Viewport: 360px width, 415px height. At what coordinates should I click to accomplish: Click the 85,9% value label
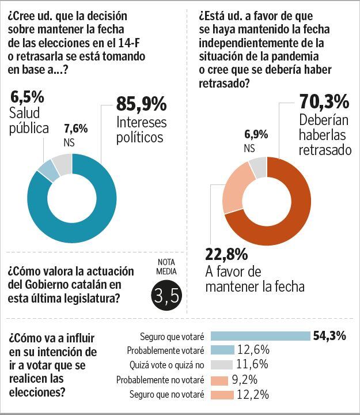(141, 104)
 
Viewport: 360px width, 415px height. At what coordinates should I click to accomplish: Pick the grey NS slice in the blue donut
(62, 164)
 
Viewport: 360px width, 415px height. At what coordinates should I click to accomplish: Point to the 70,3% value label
(324, 102)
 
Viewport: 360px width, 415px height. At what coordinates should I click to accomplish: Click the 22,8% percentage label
(226, 254)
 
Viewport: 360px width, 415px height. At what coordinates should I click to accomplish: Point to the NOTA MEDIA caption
(167, 266)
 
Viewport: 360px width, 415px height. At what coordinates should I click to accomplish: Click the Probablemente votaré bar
(223, 350)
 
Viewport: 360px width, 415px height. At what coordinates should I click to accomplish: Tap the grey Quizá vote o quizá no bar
(222, 365)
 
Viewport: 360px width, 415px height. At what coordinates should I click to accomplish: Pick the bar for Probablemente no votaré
(220, 380)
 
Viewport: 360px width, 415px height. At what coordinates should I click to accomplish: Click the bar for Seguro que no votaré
(222, 395)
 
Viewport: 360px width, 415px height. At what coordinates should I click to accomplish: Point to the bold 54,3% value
(329, 336)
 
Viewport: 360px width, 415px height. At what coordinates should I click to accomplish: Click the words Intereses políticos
(141, 130)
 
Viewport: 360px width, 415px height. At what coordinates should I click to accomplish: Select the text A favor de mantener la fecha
(254, 279)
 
